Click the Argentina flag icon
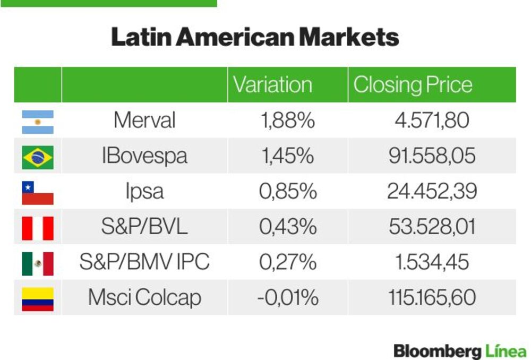coord(38,122)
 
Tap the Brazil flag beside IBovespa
coord(38,157)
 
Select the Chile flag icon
coord(38,193)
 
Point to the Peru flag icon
coord(38,228)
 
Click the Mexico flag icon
coord(38,264)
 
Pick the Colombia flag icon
coord(38,299)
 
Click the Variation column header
coord(272,84)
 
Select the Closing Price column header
coord(413,84)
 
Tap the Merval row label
coord(144,120)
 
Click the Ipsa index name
coord(144,191)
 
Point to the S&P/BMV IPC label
coord(144,262)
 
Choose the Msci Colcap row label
coord(144,297)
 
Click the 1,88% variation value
coord(288,120)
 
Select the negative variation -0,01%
coord(288,297)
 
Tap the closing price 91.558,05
coord(432,156)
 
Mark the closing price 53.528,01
coord(432,227)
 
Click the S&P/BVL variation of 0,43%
coord(288,227)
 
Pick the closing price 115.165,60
coord(432,297)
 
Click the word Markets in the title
coord(349,37)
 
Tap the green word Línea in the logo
coord(506,351)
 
